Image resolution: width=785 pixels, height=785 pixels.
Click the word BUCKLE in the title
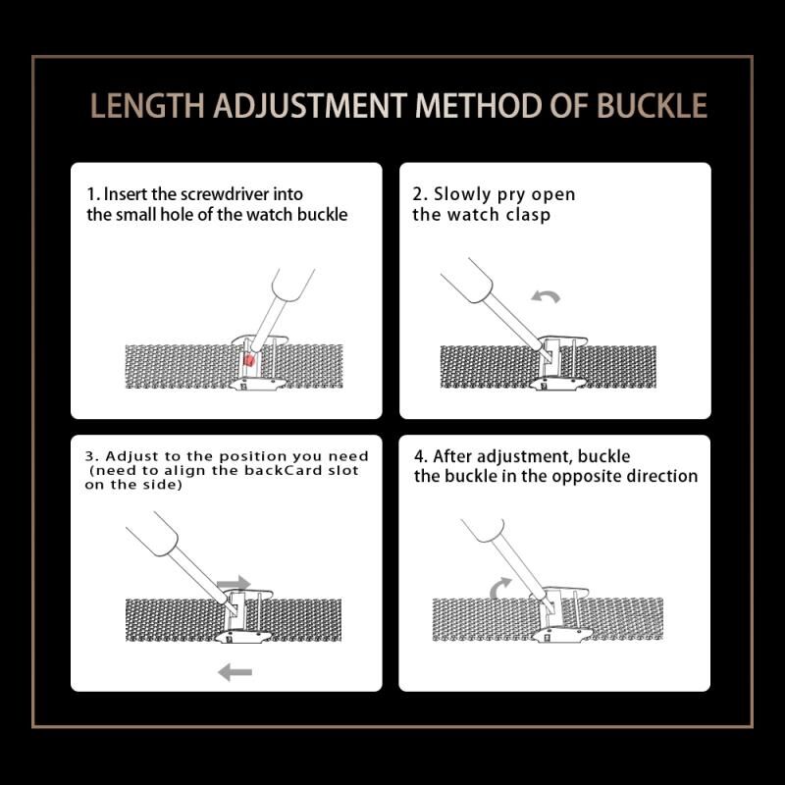652,105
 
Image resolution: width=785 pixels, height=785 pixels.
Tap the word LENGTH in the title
147,106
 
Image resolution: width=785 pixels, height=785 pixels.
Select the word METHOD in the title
478,106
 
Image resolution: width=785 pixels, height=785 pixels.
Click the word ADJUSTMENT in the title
309,106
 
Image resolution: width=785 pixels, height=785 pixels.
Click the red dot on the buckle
249,360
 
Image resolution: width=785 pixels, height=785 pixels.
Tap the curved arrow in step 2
546,296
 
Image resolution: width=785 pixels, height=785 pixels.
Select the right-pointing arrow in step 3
234,583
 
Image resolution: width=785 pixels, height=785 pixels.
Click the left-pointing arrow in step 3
235,672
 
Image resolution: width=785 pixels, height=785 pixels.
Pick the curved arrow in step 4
500,587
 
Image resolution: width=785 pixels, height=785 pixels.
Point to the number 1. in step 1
93,194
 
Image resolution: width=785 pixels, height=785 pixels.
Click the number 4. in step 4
421,456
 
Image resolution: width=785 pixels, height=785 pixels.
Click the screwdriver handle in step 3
152,534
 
